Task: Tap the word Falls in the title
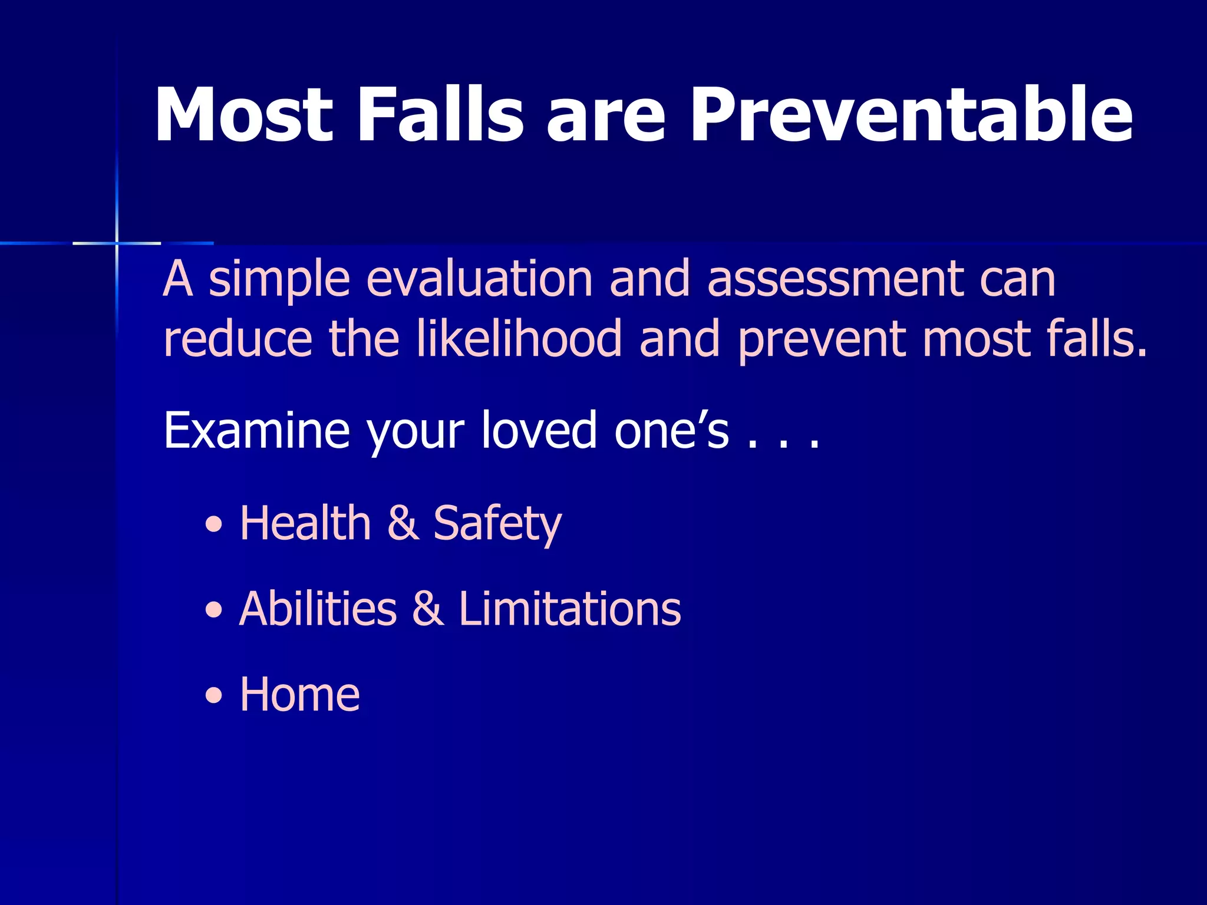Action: pyautogui.click(x=440, y=115)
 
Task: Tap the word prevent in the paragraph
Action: pyautogui.click(x=822, y=341)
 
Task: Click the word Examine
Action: pyautogui.click(x=256, y=430)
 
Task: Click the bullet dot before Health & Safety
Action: pyautogui.click(x=215, y=524)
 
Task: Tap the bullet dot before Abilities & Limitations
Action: pyautogui.click(x=215, y=610)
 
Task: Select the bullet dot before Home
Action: pyautogui.click(x=215, y=696)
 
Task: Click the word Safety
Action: pyautogui.click(x=497, y=523)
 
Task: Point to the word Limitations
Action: pyautogui.click(x=569, y=609)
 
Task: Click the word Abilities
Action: pyautogui.click(x=318, y=609)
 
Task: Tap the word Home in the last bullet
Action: pyautogui.click(x=299, y=695)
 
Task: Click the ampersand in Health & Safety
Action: pyautogui.click(x=403, y=523)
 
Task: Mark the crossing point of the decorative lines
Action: pyautogui.click(x=117, y=243)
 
